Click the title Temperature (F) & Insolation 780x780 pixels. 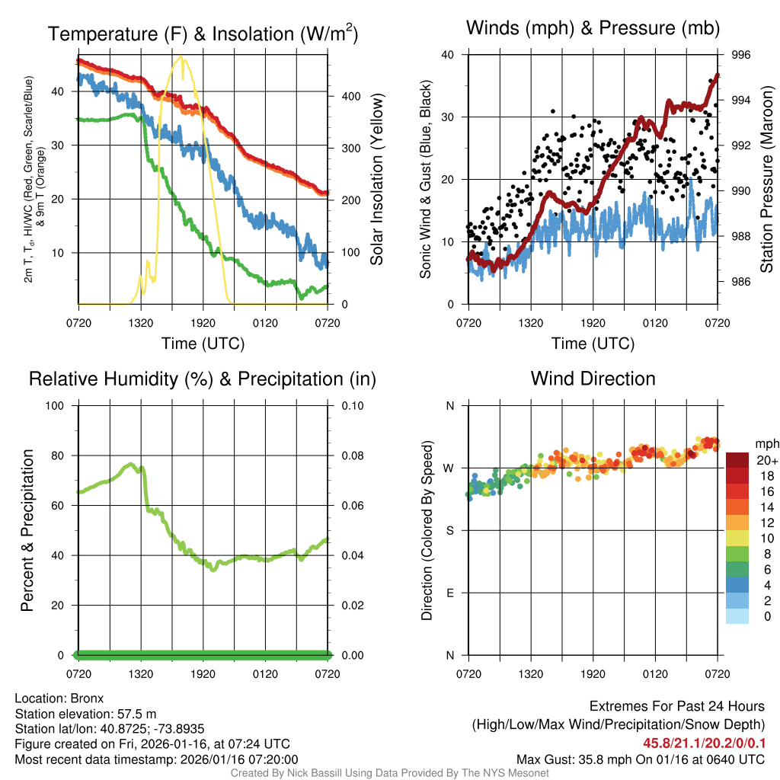pos(203,34)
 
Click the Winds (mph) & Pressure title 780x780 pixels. pos(593,28)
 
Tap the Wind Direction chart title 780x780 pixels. pos(593,379)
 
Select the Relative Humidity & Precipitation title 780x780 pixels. pos(203,379)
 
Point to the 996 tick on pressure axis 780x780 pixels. pos(740,55)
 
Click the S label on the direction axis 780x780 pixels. pos(449,530)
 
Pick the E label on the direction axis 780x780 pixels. pos(449,593)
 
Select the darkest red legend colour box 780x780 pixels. pos(737,460)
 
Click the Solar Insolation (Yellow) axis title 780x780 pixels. pos(376,179)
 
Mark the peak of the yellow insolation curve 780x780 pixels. pos(181,57)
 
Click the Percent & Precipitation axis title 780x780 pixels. pos(27,530)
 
